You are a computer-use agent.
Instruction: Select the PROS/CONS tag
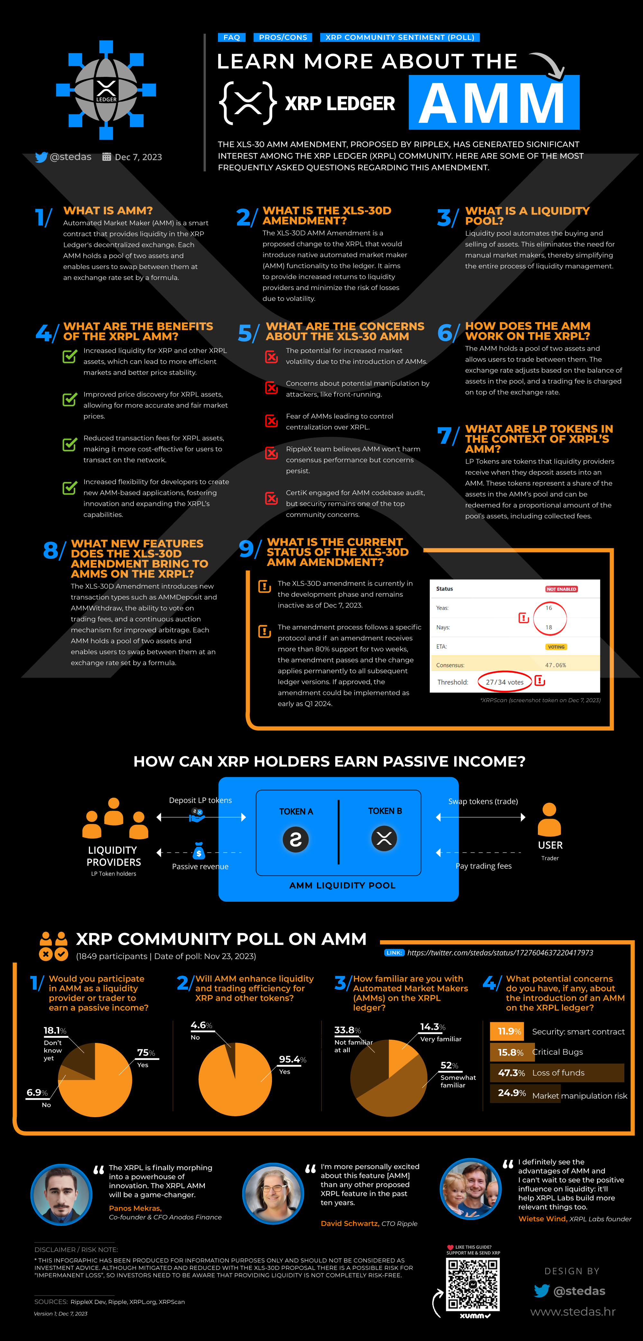coord(283,38)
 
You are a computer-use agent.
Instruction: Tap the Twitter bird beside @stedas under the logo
coord(41,157)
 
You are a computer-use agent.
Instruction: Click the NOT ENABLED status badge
coord(561,589)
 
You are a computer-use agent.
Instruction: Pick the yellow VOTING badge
coord(556,647)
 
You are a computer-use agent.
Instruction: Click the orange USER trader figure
coord(549,820)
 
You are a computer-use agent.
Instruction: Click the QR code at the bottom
coord(473,1285)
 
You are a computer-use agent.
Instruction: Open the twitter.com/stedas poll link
coord(500,953)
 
